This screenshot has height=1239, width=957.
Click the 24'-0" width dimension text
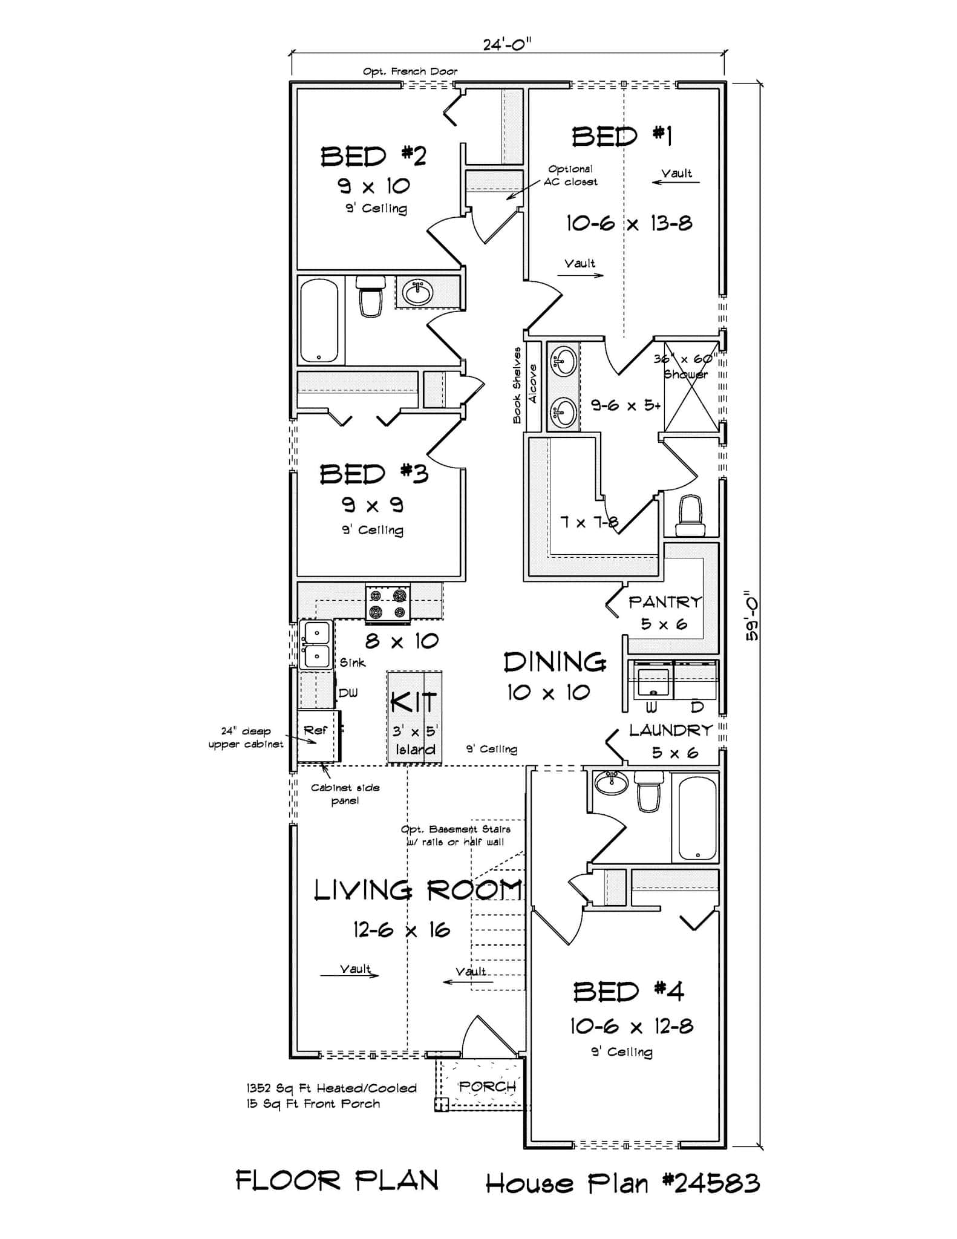pos(507,44)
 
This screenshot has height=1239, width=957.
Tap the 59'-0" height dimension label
pos(752,615)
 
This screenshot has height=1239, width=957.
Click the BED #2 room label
pos(373,156)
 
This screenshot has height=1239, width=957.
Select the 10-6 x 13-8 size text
pos(629,224)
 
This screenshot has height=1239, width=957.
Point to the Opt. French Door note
pos(410,71)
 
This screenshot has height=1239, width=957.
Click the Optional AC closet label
pos(570,175)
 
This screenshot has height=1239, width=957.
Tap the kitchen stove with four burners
pos(387,604)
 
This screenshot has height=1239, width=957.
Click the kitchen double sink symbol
pos(316,644)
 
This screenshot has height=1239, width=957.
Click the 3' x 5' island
pos(414,717)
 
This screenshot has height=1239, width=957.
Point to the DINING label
pos(555,662)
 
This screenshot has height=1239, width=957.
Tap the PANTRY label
pos(665,602)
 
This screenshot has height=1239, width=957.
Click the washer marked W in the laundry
pos(652,684)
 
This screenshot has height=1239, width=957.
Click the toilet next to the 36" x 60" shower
pos(690,515)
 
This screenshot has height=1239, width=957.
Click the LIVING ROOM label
pos(417,890)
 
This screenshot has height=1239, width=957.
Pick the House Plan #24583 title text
pos(622,1183)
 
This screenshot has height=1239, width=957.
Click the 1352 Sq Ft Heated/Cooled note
pos(331,1088)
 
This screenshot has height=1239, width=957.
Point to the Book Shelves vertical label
pos(517,385)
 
